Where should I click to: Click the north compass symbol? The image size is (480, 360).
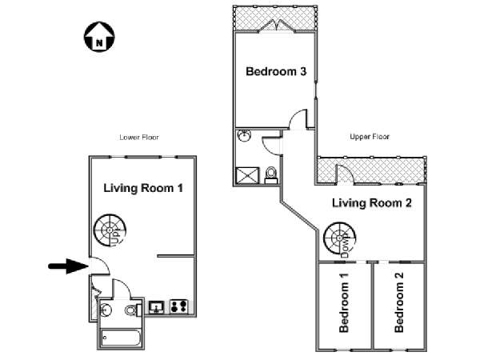click(98, 36)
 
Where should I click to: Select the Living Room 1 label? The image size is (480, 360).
click(144, 189)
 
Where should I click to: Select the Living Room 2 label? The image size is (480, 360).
click(372, 203)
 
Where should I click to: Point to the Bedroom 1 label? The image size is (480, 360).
click(344, 304)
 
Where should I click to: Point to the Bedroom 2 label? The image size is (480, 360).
click(399, 304)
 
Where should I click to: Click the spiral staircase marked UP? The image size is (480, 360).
click(106, 231)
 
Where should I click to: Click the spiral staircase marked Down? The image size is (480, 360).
click(339, 238)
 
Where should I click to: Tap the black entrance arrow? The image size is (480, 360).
click(63, 266)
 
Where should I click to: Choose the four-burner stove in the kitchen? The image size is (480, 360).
click(178, 306)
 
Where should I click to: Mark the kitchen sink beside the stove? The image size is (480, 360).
click(157, 306)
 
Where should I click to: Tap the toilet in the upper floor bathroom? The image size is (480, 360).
click(270, 173)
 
